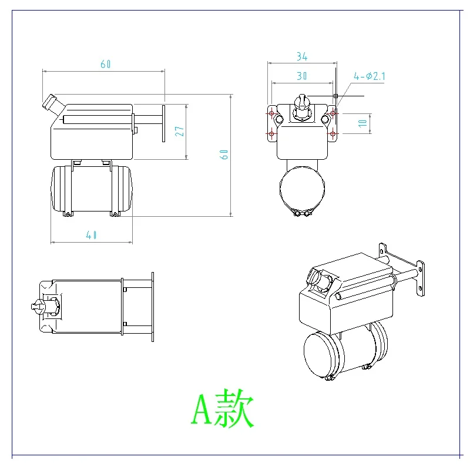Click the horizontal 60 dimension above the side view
106,64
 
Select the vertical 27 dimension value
180,131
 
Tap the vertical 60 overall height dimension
224,155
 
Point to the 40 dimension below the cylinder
91,235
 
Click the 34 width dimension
302,56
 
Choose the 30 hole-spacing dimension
302,76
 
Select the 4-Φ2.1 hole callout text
370,76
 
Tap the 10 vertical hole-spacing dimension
363,123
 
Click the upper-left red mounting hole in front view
271,112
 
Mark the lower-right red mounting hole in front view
333,134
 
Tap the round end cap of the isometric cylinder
321,354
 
